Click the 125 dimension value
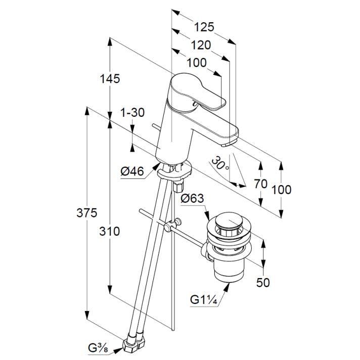[x=204, y=26]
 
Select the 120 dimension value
[x=201, y=45]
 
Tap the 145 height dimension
[x=109, y=79]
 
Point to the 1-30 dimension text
[x=132, y=113]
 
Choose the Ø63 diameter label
[x=192, y=199]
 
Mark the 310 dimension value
[x=109, y=232]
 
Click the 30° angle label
[x=221, y=163]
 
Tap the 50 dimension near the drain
[x=263, y=283]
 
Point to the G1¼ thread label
[x=204, y=300]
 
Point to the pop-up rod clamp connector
[x=175, y=224]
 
